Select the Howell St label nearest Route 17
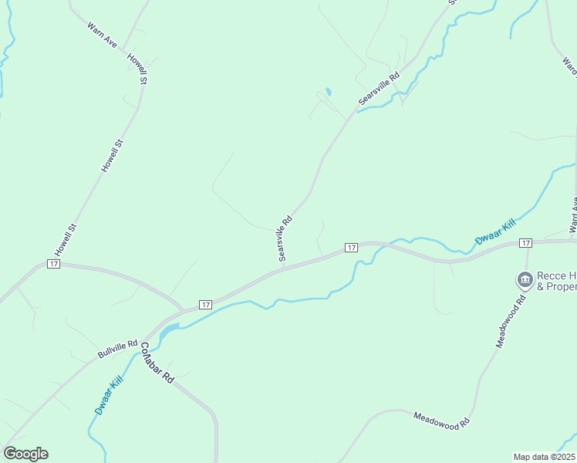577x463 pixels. (66, 240)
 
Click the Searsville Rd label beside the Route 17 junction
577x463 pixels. (285, 238)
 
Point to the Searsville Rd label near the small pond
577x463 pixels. (379, 89)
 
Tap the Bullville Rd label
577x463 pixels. (117, 350)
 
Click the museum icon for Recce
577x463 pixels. (525, 279)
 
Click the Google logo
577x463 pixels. (25, 454)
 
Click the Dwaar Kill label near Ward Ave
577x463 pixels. (495, 231)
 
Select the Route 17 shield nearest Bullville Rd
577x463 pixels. (205, 305)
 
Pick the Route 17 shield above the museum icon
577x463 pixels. (525, 243)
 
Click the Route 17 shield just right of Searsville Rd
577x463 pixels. (351, 247)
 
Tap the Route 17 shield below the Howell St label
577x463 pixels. (53, 264)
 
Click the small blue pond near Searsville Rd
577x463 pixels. (328, 92)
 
